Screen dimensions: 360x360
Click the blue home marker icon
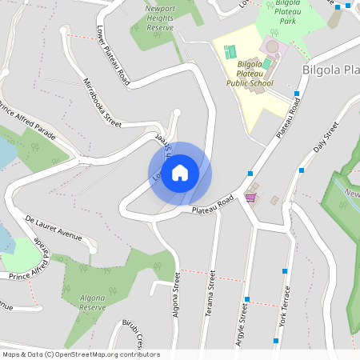(180, 173)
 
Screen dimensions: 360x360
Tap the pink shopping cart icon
(250, 197)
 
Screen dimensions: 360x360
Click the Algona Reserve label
(92, 302)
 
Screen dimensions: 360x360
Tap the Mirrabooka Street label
(102, 102)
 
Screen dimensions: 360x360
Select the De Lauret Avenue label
(54, 226)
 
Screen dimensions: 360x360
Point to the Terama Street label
(212, 289)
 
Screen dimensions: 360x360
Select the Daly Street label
(326, 137)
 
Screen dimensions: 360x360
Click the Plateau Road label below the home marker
(214, 204)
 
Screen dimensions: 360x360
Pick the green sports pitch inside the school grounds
(231, 52)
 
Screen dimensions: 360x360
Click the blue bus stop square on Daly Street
(302, 170)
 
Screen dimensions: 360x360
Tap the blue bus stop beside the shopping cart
(250, 173)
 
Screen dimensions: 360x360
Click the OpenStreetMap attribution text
(81, 354)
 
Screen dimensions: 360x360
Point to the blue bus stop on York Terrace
(285, 271)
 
